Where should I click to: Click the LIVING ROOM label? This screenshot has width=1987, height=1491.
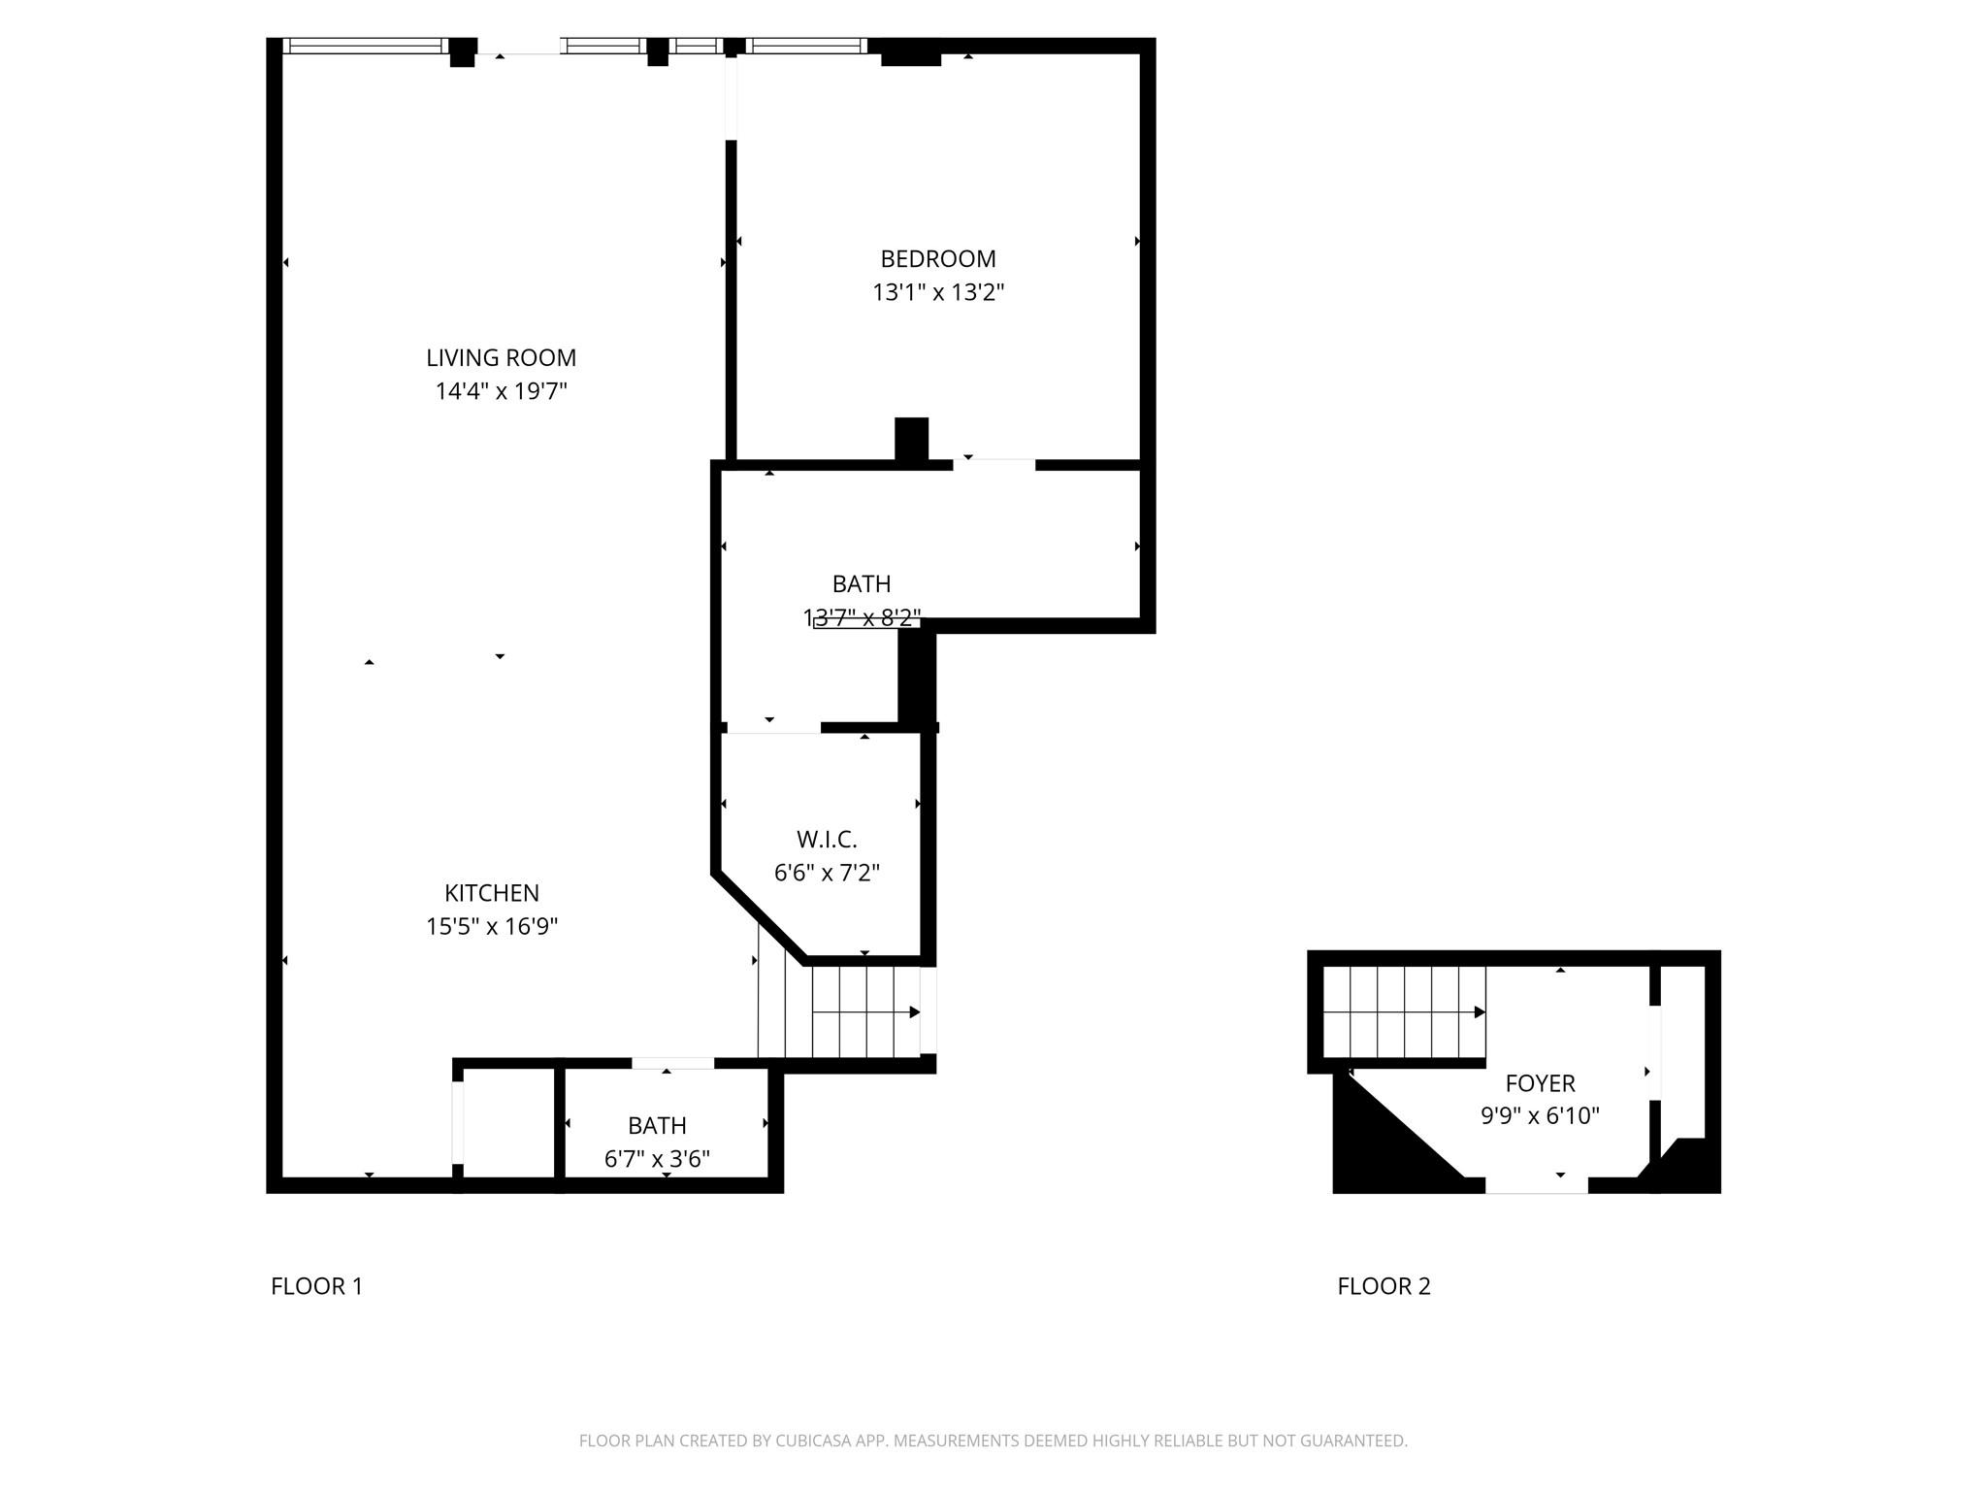(501, 358)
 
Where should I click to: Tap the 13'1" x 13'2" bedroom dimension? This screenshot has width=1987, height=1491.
(937, 292)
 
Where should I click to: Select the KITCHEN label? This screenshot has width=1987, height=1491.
(492, 893)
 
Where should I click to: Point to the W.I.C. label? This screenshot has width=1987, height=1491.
(827, 839)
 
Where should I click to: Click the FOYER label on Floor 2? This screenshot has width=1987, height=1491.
(1540, 1082)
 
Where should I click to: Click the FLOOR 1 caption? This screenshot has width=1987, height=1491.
(316, 1286)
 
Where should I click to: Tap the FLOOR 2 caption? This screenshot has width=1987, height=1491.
(1384, 1286)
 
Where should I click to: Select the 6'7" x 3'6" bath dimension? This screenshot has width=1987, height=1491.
(657, 1159)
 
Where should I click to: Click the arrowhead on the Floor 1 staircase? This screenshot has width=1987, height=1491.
(914, 1012)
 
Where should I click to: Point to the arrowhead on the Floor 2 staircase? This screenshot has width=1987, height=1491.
(1480, 1012)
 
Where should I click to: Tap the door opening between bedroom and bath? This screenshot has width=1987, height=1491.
(993, 465)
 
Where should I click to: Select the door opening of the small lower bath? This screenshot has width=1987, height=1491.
(672, 1064)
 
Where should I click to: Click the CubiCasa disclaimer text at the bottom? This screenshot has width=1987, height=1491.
(993, 1441)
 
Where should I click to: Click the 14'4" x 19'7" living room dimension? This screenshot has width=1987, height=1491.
(501, 391)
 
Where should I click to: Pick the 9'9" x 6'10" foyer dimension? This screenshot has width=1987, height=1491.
(1540, 1116)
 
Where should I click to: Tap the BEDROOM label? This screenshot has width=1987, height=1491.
(937, 259)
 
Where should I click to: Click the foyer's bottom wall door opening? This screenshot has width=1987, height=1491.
(1536, 1185)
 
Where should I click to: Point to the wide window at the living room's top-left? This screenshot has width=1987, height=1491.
(364, 46)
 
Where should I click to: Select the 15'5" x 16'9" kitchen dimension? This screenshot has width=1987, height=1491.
(492, 926)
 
